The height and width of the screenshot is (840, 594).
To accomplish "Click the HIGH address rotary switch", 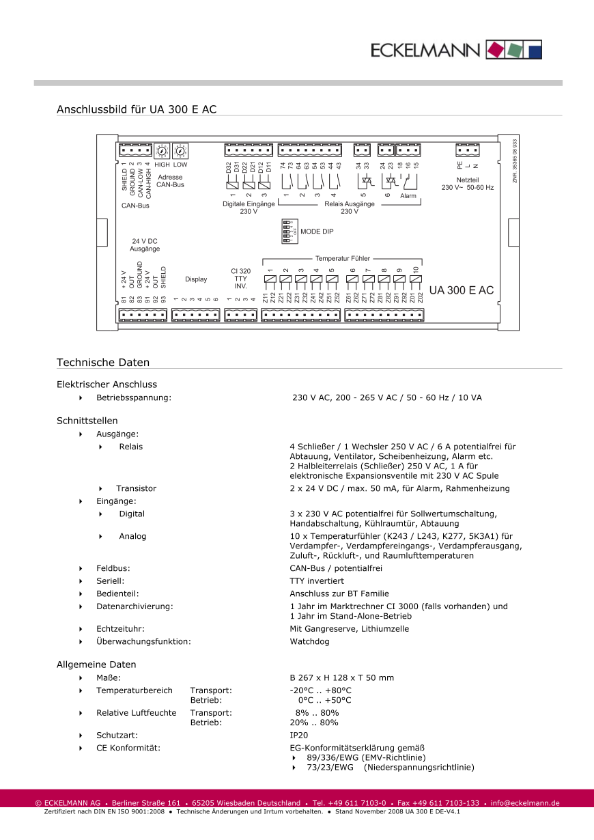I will (x=162, y=151).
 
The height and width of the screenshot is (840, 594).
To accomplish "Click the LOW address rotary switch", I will (x=180, y=151).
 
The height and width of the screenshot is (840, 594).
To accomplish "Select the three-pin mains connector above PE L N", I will (x=468, y=151).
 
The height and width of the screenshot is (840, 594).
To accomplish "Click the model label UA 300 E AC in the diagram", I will (x=461, y=291).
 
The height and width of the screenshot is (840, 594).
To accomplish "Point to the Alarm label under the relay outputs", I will (x=408, y=196).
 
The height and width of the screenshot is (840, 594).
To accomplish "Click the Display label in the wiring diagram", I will (x=196, y=279).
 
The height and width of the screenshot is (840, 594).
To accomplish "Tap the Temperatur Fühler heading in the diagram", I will (x=343, y=259).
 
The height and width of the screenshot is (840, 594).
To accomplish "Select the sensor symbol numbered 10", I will (x=415, y=279).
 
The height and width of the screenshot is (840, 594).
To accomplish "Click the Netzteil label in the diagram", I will (x=468, y=179).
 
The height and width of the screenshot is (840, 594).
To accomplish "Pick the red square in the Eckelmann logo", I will (x=494, y=49).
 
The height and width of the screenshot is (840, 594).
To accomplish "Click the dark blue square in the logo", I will (x=535, y=49).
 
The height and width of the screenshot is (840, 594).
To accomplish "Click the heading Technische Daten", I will (x=103, y=363).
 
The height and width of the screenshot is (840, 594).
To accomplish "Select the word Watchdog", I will (x=309, y=641).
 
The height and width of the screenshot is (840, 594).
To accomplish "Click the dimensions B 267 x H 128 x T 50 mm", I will (x=342, y=677).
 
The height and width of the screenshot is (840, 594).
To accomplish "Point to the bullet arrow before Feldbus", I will (x=81, y=568).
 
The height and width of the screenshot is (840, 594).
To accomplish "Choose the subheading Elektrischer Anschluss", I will (x=107, y=384).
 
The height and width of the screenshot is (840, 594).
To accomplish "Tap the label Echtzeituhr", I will (x=120, y=628).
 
